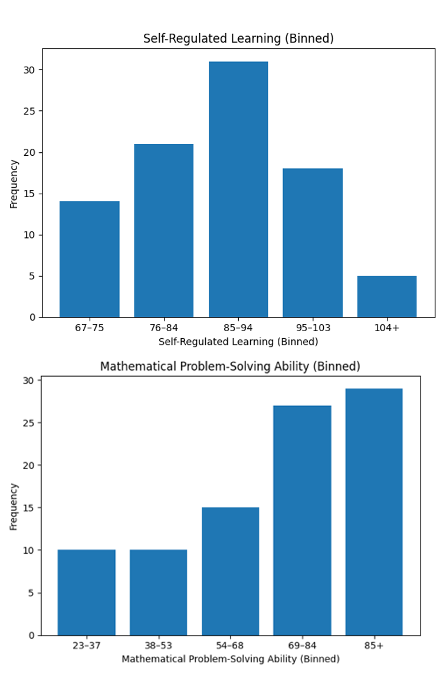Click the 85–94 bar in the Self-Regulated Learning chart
point(238,189)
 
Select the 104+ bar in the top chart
point(387,296)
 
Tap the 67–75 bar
point(90,259)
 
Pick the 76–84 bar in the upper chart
point(164,231)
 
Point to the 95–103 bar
point(313,243)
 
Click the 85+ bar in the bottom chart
point(374,512)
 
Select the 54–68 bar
point(230,571)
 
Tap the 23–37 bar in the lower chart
point(87,593)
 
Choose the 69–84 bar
point(302,520)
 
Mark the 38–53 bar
point(158,593)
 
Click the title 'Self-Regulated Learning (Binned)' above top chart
point(238,39)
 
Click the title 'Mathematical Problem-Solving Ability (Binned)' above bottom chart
point(230,367)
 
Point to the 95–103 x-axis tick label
point(313,328)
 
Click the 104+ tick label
point(387,328)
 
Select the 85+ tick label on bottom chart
point(374,646)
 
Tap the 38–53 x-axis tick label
point(158,646)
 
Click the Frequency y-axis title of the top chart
point(14,184)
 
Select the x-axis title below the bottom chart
point(231,659)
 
